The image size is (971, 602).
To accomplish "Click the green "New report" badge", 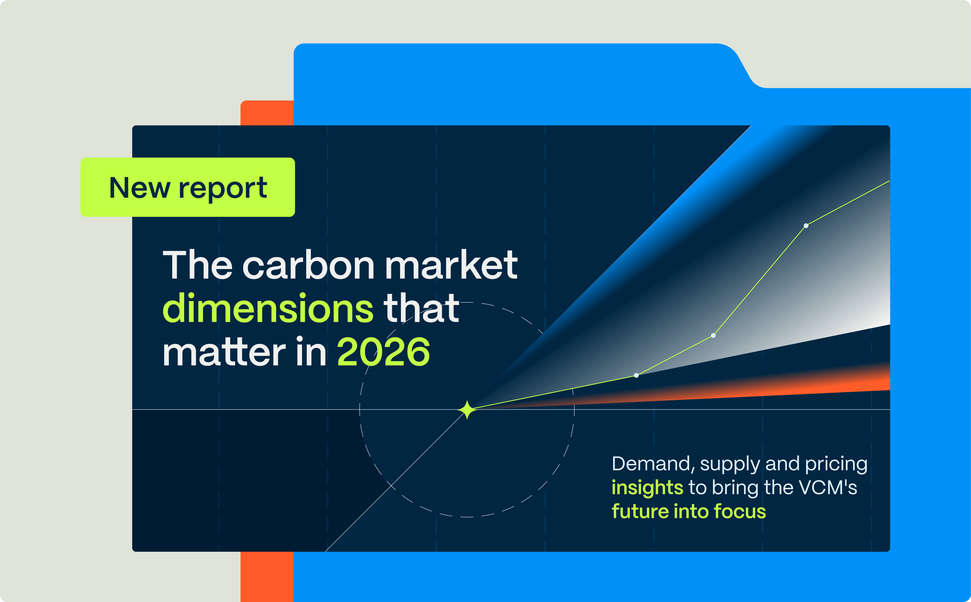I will pyautogui.click(x=187, y=187).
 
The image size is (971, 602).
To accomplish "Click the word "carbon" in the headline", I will pyautogui.click(x=308, y=265).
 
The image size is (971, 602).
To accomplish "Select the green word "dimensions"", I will pyautogui.click(x=268, y=309).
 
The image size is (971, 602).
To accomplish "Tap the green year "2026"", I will pyautogui.click(x=384, y=352).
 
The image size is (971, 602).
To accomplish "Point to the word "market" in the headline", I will pyautogui.click(x=451, y=265).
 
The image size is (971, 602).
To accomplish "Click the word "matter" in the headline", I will pyautogui.click(x=224, y=352).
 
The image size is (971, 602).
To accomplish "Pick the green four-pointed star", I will pyautogui.click(x=467, y=410).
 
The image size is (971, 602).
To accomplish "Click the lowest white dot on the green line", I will pyautogui.click(x=636, y=375).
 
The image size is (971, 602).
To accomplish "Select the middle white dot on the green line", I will pyautogui.click(x=713, y=335).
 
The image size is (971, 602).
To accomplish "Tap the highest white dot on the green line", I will pyautogui.click(x=806, y=225).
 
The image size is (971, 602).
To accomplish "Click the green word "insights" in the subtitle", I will pyautogui.click(x=647, y=487).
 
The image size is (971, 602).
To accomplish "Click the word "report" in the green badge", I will pyautogui.click(x=222, y=189).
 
